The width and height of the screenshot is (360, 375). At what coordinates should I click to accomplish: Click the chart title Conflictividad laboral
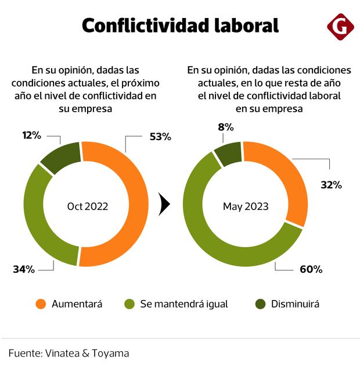point(180,26)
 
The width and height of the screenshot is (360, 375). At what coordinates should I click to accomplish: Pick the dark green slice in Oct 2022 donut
point(60,157)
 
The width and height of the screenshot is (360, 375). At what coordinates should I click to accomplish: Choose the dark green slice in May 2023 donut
point(229,153)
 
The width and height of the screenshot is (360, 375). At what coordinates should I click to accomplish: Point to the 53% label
point(160,137)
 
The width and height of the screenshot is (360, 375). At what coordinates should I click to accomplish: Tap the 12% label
point(31,135)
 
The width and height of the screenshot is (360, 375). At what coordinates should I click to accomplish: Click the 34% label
point(24,269)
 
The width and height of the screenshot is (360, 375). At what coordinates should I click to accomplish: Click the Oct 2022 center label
point(88,206)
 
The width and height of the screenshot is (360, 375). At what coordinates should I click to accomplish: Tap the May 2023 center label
point(246,206)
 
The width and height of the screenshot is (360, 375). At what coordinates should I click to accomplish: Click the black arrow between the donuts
point(164,204)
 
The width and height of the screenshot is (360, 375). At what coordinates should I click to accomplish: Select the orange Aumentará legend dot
point(41,304)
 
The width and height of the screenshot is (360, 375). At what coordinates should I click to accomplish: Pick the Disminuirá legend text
point(295,304)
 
